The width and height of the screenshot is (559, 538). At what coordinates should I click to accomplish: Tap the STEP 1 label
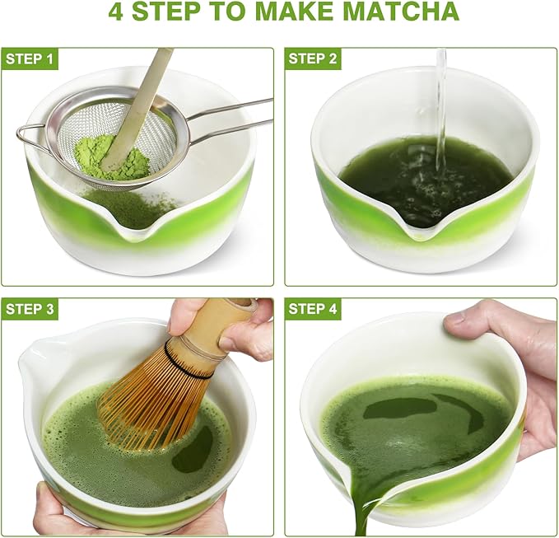[30, 58]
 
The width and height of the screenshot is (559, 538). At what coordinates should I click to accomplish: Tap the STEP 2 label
[314, 58]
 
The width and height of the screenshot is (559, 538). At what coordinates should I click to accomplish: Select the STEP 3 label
[30, 309]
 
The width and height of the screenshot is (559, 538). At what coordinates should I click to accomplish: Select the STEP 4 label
[314, 309]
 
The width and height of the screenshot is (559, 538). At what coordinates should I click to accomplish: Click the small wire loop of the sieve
[30, 137]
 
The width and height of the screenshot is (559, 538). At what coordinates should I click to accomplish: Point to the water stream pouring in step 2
[441, 107]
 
